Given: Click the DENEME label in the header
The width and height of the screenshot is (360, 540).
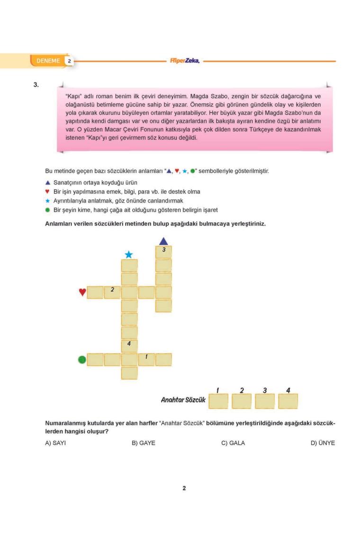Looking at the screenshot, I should pyautogui.click(x=46, y=61).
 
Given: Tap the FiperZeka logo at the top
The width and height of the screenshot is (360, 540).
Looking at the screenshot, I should pyautogui.click(x=184, y=61).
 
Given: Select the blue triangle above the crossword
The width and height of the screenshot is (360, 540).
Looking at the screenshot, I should pyautogui.click(x=163, y=241).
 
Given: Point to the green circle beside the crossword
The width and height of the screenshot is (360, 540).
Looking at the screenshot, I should pyautogui.click(x=81, y=360).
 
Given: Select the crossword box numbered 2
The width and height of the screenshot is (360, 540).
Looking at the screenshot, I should pyautogui.click(x=112, y=292).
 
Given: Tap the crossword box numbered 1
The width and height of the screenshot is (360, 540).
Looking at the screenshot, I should pyautogui.click(x=147, y=360).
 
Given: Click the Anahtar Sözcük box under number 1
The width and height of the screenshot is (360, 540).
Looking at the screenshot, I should pyautogui.click(x=218, y=401).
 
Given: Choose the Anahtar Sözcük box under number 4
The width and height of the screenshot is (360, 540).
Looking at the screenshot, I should pyautogui.click(x=288, y=401).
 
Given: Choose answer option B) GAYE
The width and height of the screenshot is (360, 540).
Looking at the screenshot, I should pyautogui.click(x=144, y=443).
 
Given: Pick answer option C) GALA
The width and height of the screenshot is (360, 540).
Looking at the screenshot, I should pyautogui.click(x=233, y=443).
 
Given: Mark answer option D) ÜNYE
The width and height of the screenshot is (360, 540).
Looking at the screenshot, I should pyautogui.click(x=323, y=443).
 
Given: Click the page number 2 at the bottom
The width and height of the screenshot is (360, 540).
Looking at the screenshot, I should pyautogui.click(x=184, y=488).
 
